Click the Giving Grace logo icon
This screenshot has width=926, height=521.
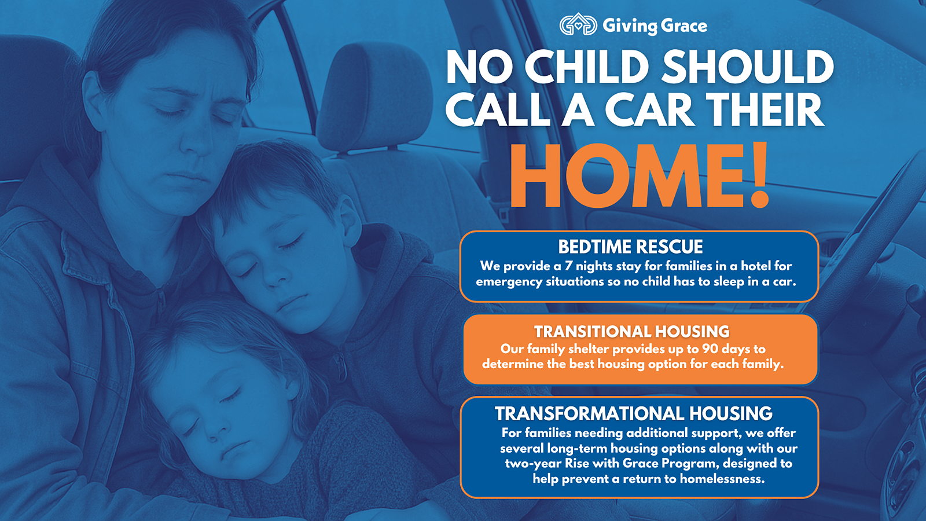(578, 25)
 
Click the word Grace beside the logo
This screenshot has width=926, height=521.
(684, 26)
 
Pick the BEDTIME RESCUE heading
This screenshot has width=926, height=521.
(630, 247)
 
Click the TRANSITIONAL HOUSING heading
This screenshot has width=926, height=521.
(631, 332)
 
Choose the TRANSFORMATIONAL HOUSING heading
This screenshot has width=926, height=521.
(633, 413)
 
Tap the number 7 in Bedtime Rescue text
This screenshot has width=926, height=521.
(568, 266)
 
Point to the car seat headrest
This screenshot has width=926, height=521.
(374, 97)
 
